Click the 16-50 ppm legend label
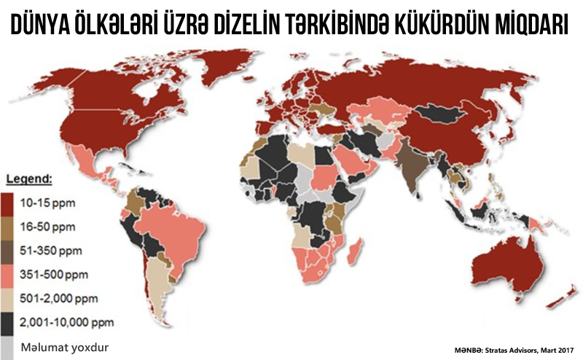tap(47, 227)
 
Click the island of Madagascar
tap(356, 252)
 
